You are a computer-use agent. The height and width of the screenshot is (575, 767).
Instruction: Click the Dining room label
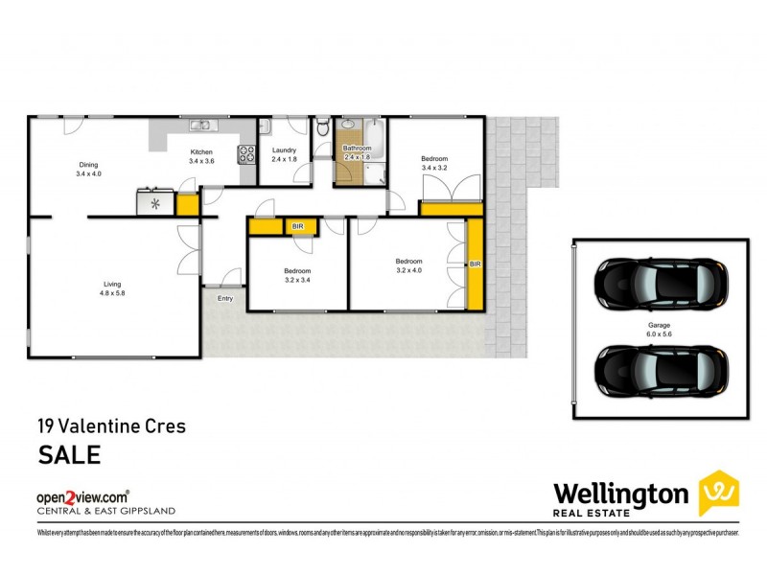(x=88, y=165)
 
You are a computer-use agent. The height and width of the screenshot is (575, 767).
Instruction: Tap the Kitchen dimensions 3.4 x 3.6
(x=201, y=162)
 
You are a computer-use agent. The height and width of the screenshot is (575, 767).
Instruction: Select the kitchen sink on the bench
(x=201, y=125)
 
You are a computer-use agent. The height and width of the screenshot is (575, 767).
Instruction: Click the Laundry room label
(x=284, y=150)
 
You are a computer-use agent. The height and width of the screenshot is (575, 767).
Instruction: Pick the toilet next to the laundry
(x=324, y=126)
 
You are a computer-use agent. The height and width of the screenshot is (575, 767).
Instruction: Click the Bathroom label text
(x=357, y=149)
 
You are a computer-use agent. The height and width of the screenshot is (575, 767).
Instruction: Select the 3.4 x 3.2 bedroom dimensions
(x=434, y=168)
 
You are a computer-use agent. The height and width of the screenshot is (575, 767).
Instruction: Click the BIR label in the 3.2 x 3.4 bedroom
(x=297, y=227)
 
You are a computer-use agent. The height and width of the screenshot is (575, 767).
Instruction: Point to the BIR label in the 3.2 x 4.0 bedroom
(x=475, y=263)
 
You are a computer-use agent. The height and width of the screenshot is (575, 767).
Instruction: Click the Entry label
(x=225, y=299)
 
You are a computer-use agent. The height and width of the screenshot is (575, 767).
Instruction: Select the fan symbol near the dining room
(x=152, y=202)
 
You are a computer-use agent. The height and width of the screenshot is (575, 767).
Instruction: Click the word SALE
(x=68, y=454)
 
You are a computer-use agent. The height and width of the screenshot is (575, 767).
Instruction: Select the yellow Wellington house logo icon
(x=718, y=493)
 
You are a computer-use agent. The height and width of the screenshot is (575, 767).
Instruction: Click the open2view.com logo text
(x=82, y=497)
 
